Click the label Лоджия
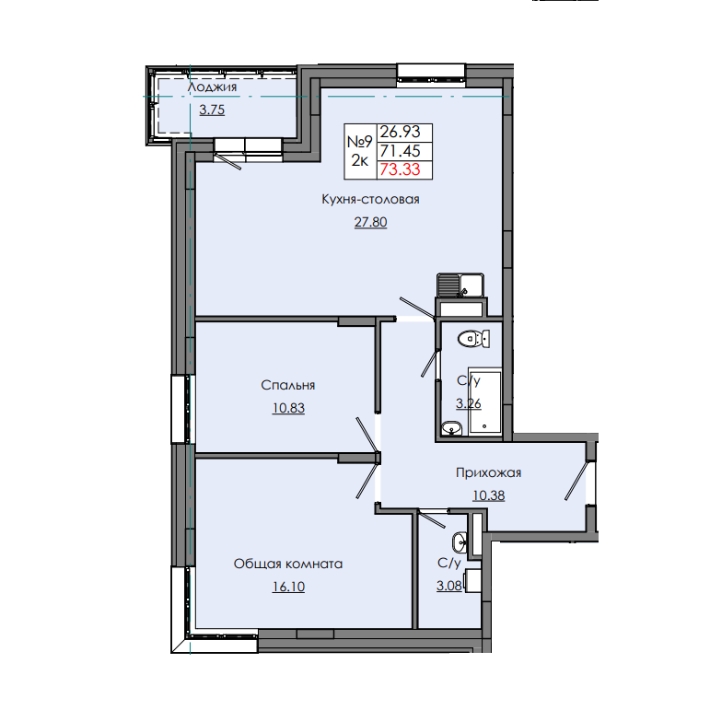click(212, 87)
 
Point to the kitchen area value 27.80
click(371, 221)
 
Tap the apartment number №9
click(359, 142)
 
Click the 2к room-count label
click(359, 160)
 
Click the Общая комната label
click(288, 564)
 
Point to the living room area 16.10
click(288, 586)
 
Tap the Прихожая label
click(489, 473)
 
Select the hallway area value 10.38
click(489, 495)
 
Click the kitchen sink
click(460, 286)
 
